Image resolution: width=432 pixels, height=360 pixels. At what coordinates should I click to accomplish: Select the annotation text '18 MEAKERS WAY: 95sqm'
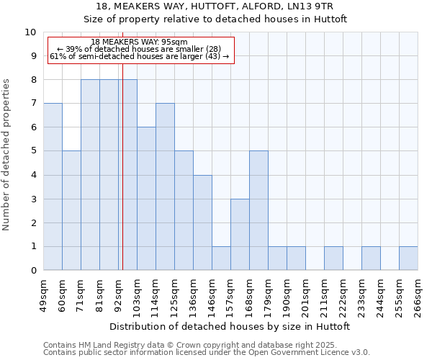tap(140, 42)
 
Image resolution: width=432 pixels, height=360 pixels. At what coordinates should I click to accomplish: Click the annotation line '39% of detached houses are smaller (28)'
tap(140, 49)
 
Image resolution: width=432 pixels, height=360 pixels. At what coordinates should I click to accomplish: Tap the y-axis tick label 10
tap(30, 32)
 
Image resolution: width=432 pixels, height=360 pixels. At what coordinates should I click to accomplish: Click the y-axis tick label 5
tap(33, 151)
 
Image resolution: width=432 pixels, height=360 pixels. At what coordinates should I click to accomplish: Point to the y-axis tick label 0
tap(33, 271)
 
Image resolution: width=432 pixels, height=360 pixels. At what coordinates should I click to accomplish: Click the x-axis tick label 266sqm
tap(418, 295)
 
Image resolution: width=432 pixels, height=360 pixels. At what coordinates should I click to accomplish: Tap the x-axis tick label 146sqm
tap(212, 295)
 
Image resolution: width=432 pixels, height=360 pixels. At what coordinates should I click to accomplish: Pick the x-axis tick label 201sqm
tap(305, 295)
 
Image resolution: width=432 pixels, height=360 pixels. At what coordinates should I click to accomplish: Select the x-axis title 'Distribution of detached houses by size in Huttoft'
tap(230, 326)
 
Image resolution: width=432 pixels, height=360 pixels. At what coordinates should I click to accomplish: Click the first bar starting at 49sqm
tap(53, 187)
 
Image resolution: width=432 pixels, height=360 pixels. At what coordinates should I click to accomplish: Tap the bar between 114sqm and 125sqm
tap(165, 187)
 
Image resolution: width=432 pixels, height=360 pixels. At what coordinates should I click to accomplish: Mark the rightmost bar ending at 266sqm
tap(408, 258)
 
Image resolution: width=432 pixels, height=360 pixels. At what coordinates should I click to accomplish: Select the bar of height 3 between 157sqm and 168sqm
tap(240, 235)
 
